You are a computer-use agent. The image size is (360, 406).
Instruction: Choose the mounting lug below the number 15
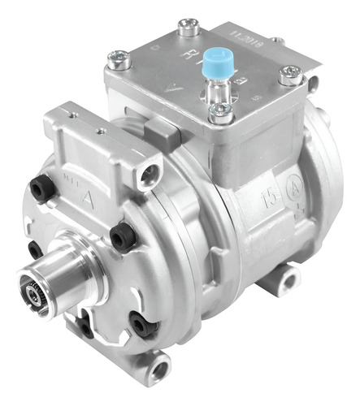pyautogui.click(x=284, y=282)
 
